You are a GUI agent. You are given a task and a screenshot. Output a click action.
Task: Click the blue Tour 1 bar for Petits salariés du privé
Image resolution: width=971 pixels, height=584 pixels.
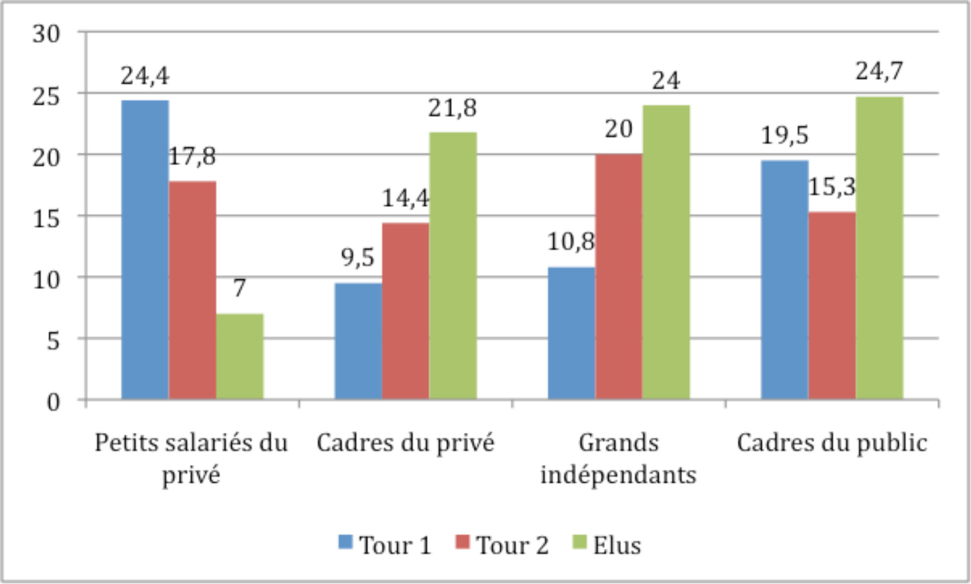point(145,249)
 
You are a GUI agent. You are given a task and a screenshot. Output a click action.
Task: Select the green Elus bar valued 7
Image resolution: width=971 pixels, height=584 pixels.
point(239,356)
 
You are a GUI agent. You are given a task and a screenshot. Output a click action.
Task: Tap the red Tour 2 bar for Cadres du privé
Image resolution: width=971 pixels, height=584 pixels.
point(405,311)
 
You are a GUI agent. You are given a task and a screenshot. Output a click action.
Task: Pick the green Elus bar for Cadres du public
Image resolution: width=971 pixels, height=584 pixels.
point(879,248)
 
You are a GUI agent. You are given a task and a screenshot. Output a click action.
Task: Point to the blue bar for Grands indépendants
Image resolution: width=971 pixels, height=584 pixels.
point(572,333)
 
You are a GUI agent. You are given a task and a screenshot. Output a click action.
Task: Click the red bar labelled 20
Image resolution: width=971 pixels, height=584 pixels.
point(619,276)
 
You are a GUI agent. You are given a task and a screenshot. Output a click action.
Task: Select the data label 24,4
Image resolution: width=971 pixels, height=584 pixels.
point(145,76)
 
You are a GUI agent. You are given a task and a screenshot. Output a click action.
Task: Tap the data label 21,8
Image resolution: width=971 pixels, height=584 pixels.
point(453,108)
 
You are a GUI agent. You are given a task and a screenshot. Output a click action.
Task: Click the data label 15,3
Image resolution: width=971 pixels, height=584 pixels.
point(832,187)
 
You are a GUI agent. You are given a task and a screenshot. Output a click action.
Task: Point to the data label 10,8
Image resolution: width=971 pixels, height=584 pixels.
point(571,242)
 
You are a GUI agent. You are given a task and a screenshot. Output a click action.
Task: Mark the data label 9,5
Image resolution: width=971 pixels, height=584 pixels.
point(358,257)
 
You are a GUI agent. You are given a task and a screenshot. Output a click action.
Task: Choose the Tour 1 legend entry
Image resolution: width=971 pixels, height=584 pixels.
point(385,545)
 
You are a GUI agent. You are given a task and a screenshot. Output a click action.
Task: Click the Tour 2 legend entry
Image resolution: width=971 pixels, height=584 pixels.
point(502,545)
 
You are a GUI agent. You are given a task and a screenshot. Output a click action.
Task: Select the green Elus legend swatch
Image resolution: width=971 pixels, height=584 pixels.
point(579,542)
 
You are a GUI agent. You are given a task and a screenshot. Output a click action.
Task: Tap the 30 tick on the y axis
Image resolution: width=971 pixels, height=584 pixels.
point(46,34)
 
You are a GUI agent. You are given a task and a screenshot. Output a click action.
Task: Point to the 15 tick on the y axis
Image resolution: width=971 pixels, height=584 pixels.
point(46,218)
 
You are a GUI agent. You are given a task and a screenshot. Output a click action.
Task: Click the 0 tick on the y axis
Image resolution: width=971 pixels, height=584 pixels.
point(53,402)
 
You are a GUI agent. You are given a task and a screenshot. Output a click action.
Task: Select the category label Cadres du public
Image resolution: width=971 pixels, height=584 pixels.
point(832,443)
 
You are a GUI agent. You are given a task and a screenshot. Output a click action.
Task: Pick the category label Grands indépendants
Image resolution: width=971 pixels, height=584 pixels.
point(619,458)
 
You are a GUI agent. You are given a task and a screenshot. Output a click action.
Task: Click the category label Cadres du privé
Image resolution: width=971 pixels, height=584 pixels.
point(405,443)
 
